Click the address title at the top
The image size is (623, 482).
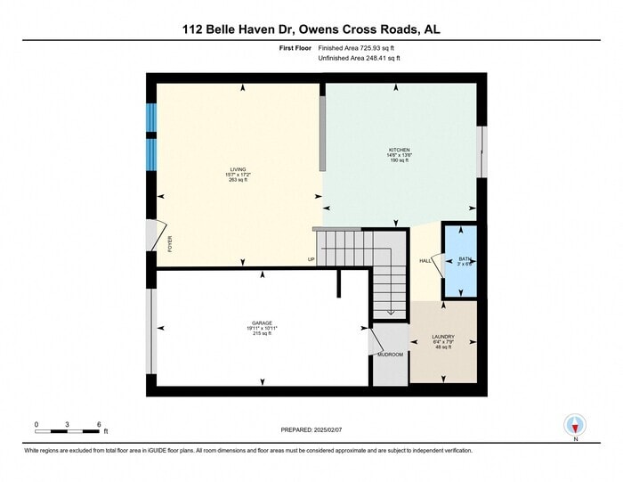click(311, 29)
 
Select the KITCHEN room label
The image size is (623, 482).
click(399, 149)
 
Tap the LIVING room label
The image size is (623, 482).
click(238, 168)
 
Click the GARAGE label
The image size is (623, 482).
click(261, 323)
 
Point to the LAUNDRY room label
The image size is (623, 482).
click(443, 336)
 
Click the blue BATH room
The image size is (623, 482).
click(461, 263)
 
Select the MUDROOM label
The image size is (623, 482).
click(390, 355)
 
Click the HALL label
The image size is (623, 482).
click(425, 261)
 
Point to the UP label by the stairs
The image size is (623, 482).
click(311, 260)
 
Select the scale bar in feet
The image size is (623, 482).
click(68, 431)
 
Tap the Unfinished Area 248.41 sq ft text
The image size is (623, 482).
click(360, 58)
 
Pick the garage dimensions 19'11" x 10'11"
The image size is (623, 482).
click(261, 328)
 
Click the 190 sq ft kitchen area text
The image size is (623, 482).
click(399, 160)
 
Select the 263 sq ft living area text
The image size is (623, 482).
click(238, 179)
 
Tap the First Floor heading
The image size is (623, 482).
click(296, 48)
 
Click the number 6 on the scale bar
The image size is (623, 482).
click(99, 423)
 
